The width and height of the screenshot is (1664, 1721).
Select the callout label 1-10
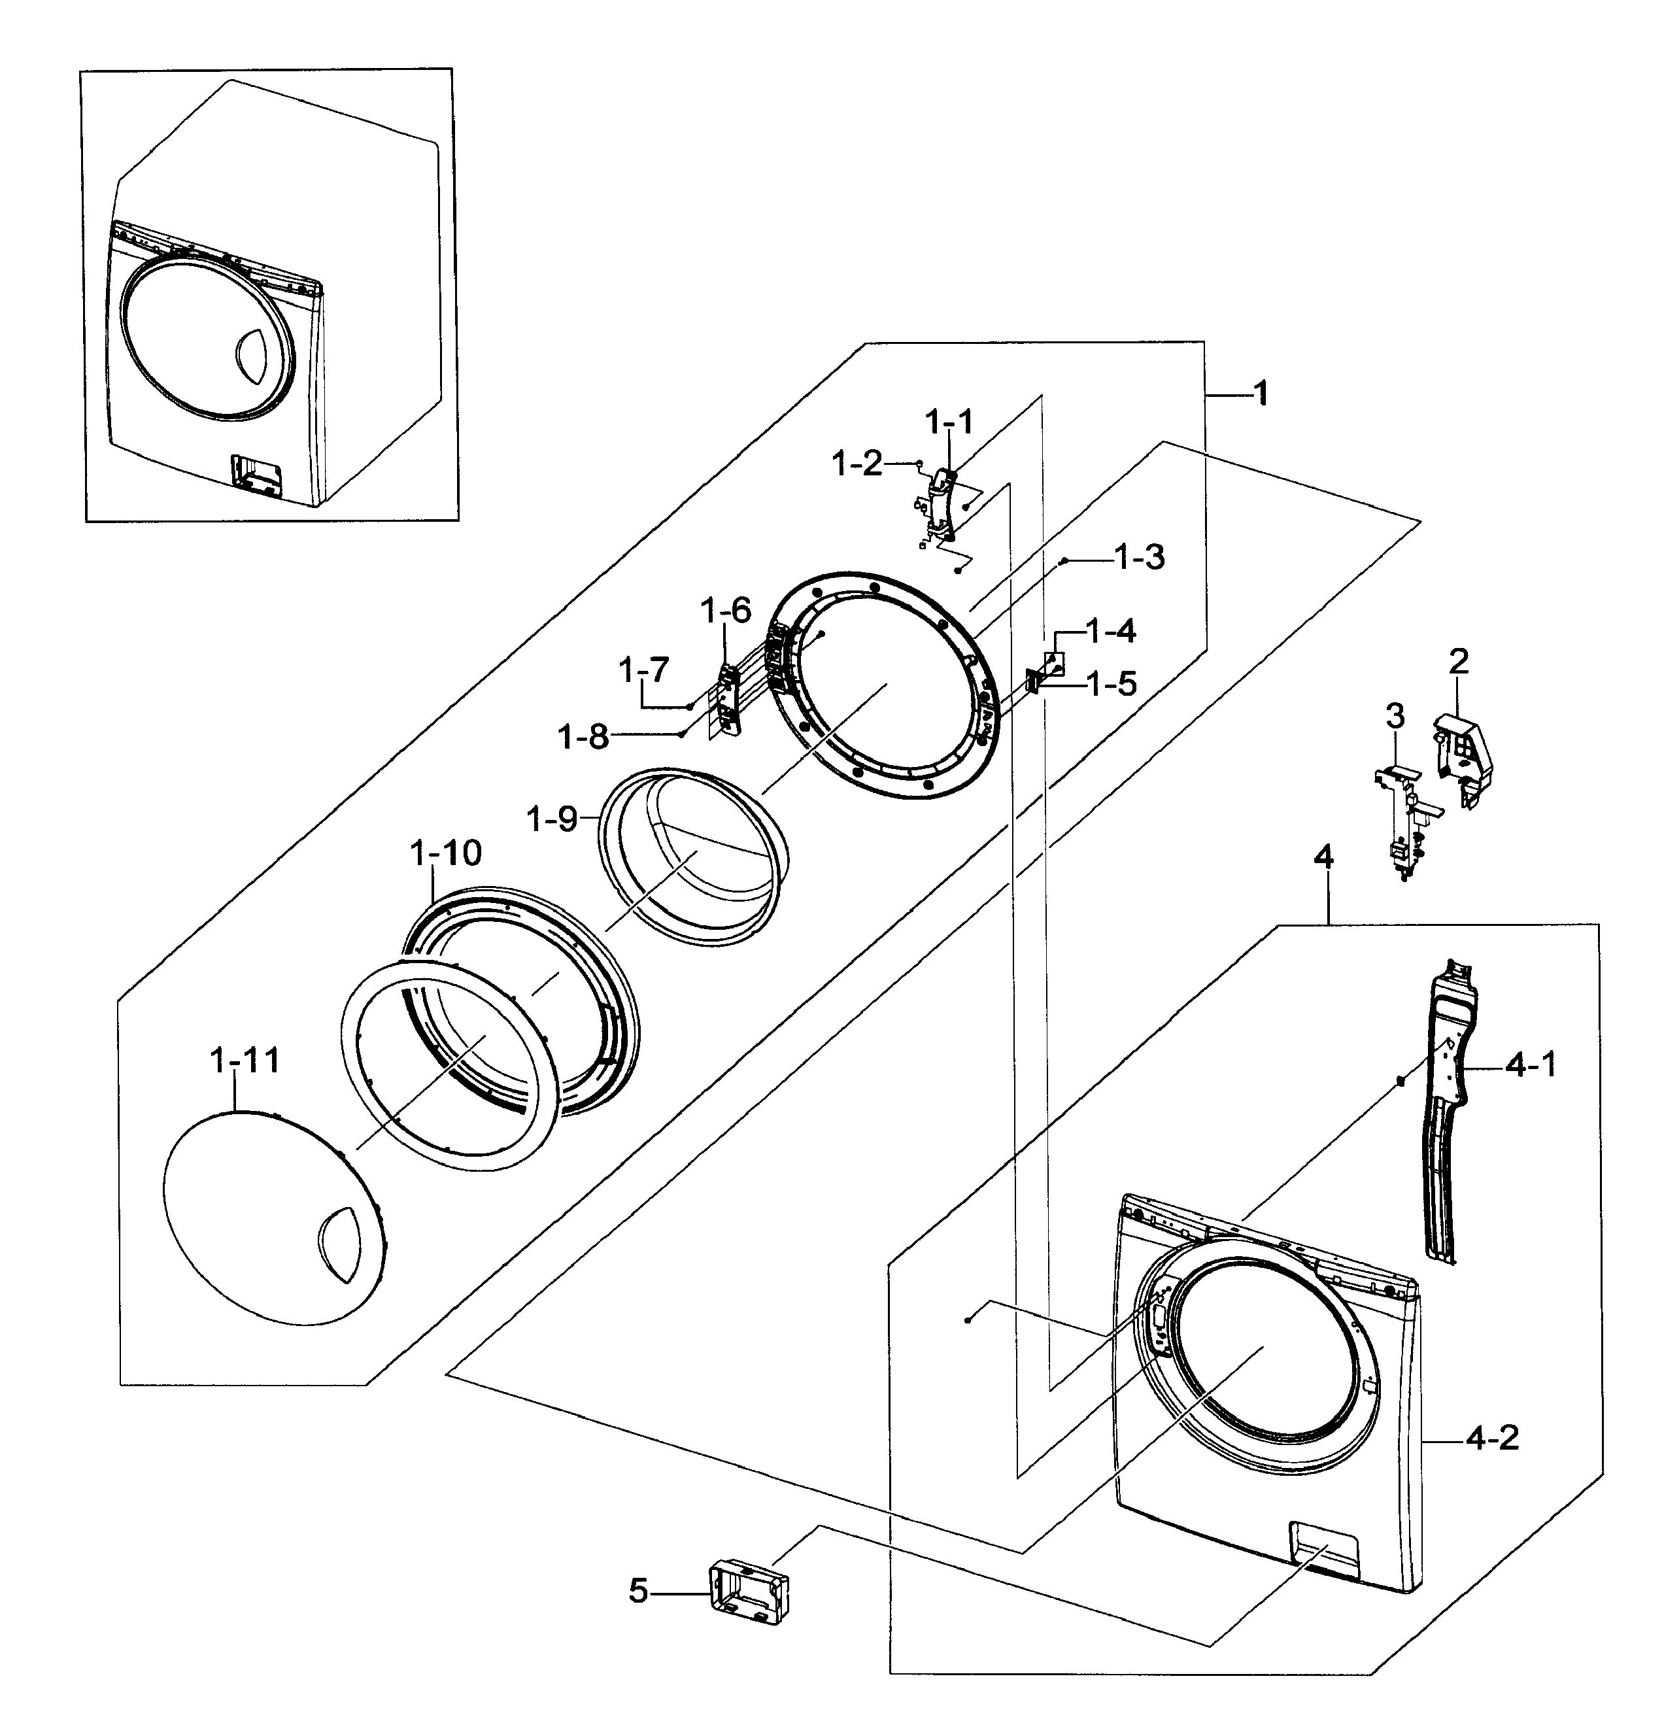[446, 853]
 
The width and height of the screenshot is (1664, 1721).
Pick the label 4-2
[1492, 1439]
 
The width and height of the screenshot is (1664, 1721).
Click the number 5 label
[638, 1590]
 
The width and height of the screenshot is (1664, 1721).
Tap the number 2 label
[1459, 660]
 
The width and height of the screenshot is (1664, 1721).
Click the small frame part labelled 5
[748, 1593]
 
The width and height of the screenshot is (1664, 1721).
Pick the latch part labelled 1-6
[728, 699]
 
